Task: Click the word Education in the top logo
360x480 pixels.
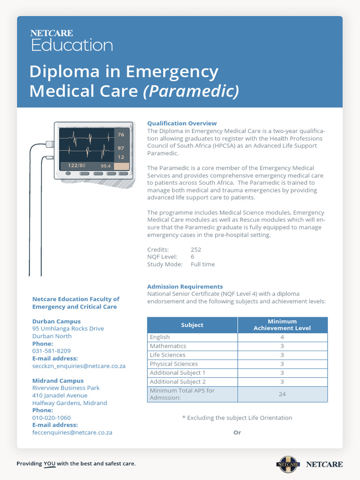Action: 72,45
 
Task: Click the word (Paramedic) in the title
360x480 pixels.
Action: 191,90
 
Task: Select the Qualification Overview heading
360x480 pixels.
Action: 182,123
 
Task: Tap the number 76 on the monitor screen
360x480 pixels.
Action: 121,135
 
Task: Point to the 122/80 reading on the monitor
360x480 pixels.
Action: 76,165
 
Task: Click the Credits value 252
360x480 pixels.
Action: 196,249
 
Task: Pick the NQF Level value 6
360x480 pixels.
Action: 193,257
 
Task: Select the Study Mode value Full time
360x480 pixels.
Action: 202,264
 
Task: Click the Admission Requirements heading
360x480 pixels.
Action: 185,286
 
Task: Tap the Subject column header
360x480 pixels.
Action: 192,325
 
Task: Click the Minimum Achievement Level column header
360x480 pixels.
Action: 282,325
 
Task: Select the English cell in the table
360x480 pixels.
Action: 160,337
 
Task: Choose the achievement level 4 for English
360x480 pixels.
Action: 282,337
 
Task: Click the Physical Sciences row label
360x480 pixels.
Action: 173,364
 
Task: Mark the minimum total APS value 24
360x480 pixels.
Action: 282,394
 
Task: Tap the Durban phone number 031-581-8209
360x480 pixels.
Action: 52,351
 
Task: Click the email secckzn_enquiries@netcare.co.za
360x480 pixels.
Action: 79,366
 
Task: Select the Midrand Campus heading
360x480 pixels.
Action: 58,381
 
